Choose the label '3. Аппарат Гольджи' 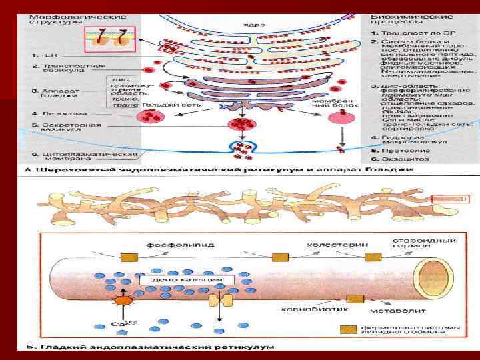coord(57,93)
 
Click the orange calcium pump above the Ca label coord(122,301)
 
